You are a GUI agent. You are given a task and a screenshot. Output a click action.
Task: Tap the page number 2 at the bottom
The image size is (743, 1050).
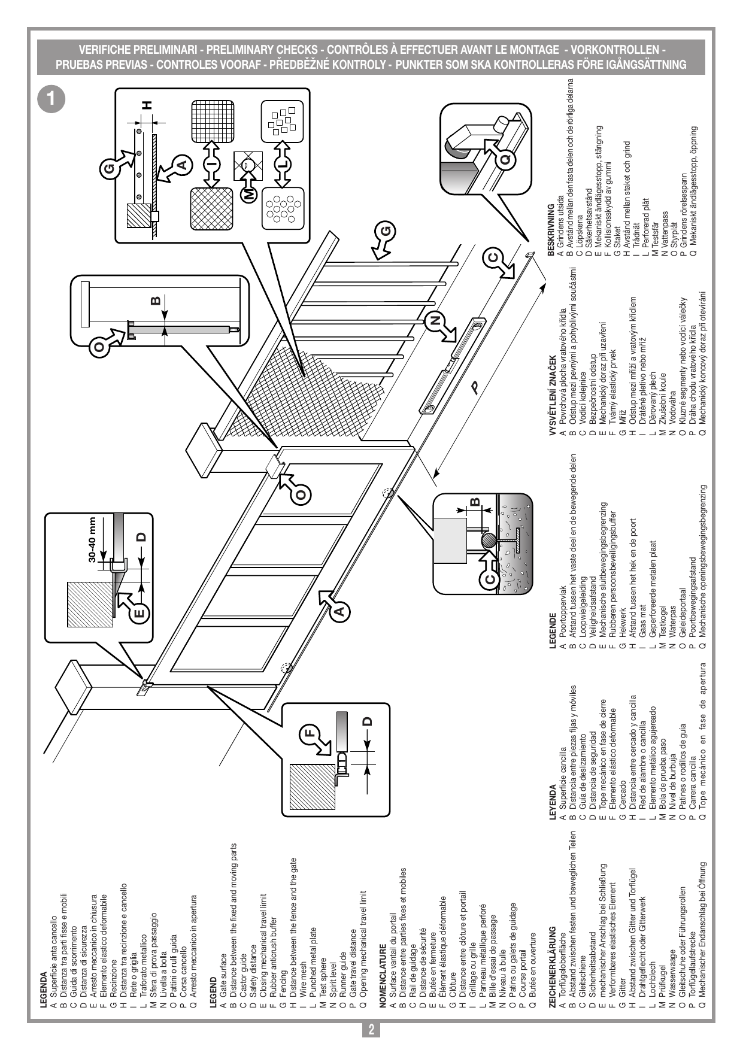[371, 1030]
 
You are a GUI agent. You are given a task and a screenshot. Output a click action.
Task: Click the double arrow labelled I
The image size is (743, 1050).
[211, 163]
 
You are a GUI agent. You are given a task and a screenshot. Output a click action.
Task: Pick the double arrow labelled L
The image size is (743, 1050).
[282, 163]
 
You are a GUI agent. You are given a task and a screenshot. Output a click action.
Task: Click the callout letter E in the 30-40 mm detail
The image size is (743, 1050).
[139, 612]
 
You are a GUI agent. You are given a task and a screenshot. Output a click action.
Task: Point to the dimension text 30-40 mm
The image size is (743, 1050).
[92, 539]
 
